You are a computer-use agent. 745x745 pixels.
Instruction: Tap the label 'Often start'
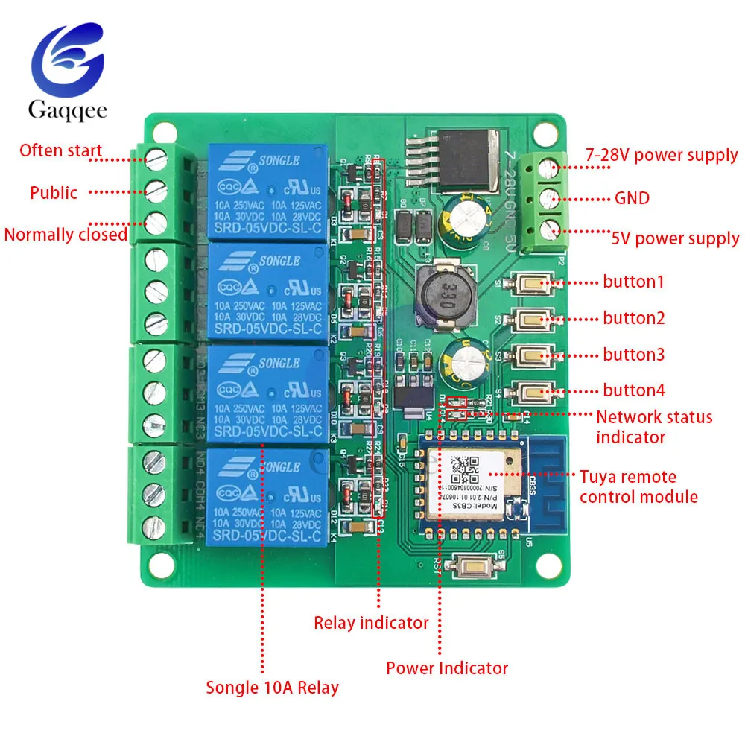click(x=60, y=150)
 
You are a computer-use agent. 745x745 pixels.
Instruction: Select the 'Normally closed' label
click(x=66, y=235)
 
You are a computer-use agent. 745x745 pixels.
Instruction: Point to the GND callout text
click(x=632, y=198)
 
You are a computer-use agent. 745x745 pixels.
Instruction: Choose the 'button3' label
click(x=633, y=355)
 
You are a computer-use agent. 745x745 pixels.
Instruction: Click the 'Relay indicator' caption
click(x=371, y=622)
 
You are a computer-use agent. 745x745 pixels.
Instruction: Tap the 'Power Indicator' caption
click(x=447, y=668)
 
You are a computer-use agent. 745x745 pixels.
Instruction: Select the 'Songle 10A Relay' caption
click(x=272, y=688)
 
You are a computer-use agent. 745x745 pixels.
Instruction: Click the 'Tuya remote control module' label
click(x=638, y=486)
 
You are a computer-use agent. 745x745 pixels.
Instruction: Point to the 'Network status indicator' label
click(x=653, y=427)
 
